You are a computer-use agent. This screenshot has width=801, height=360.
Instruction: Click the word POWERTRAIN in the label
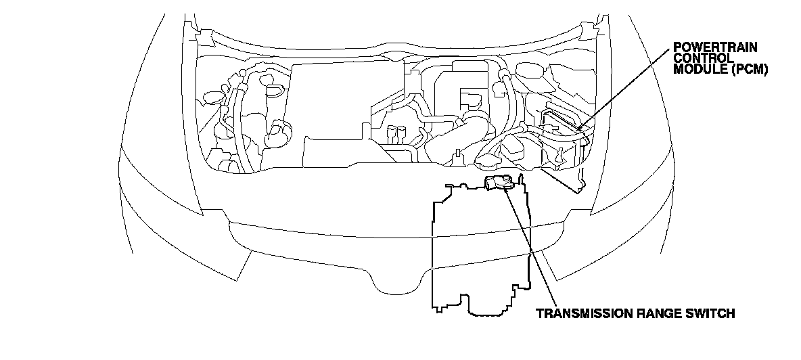[x=715, y=47]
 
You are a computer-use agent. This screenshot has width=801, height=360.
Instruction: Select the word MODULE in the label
[x=695, y=69]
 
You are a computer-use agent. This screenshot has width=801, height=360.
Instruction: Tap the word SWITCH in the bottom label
[x=712, y=314]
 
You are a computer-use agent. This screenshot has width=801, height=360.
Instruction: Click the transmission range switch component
[x=499, y=183]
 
